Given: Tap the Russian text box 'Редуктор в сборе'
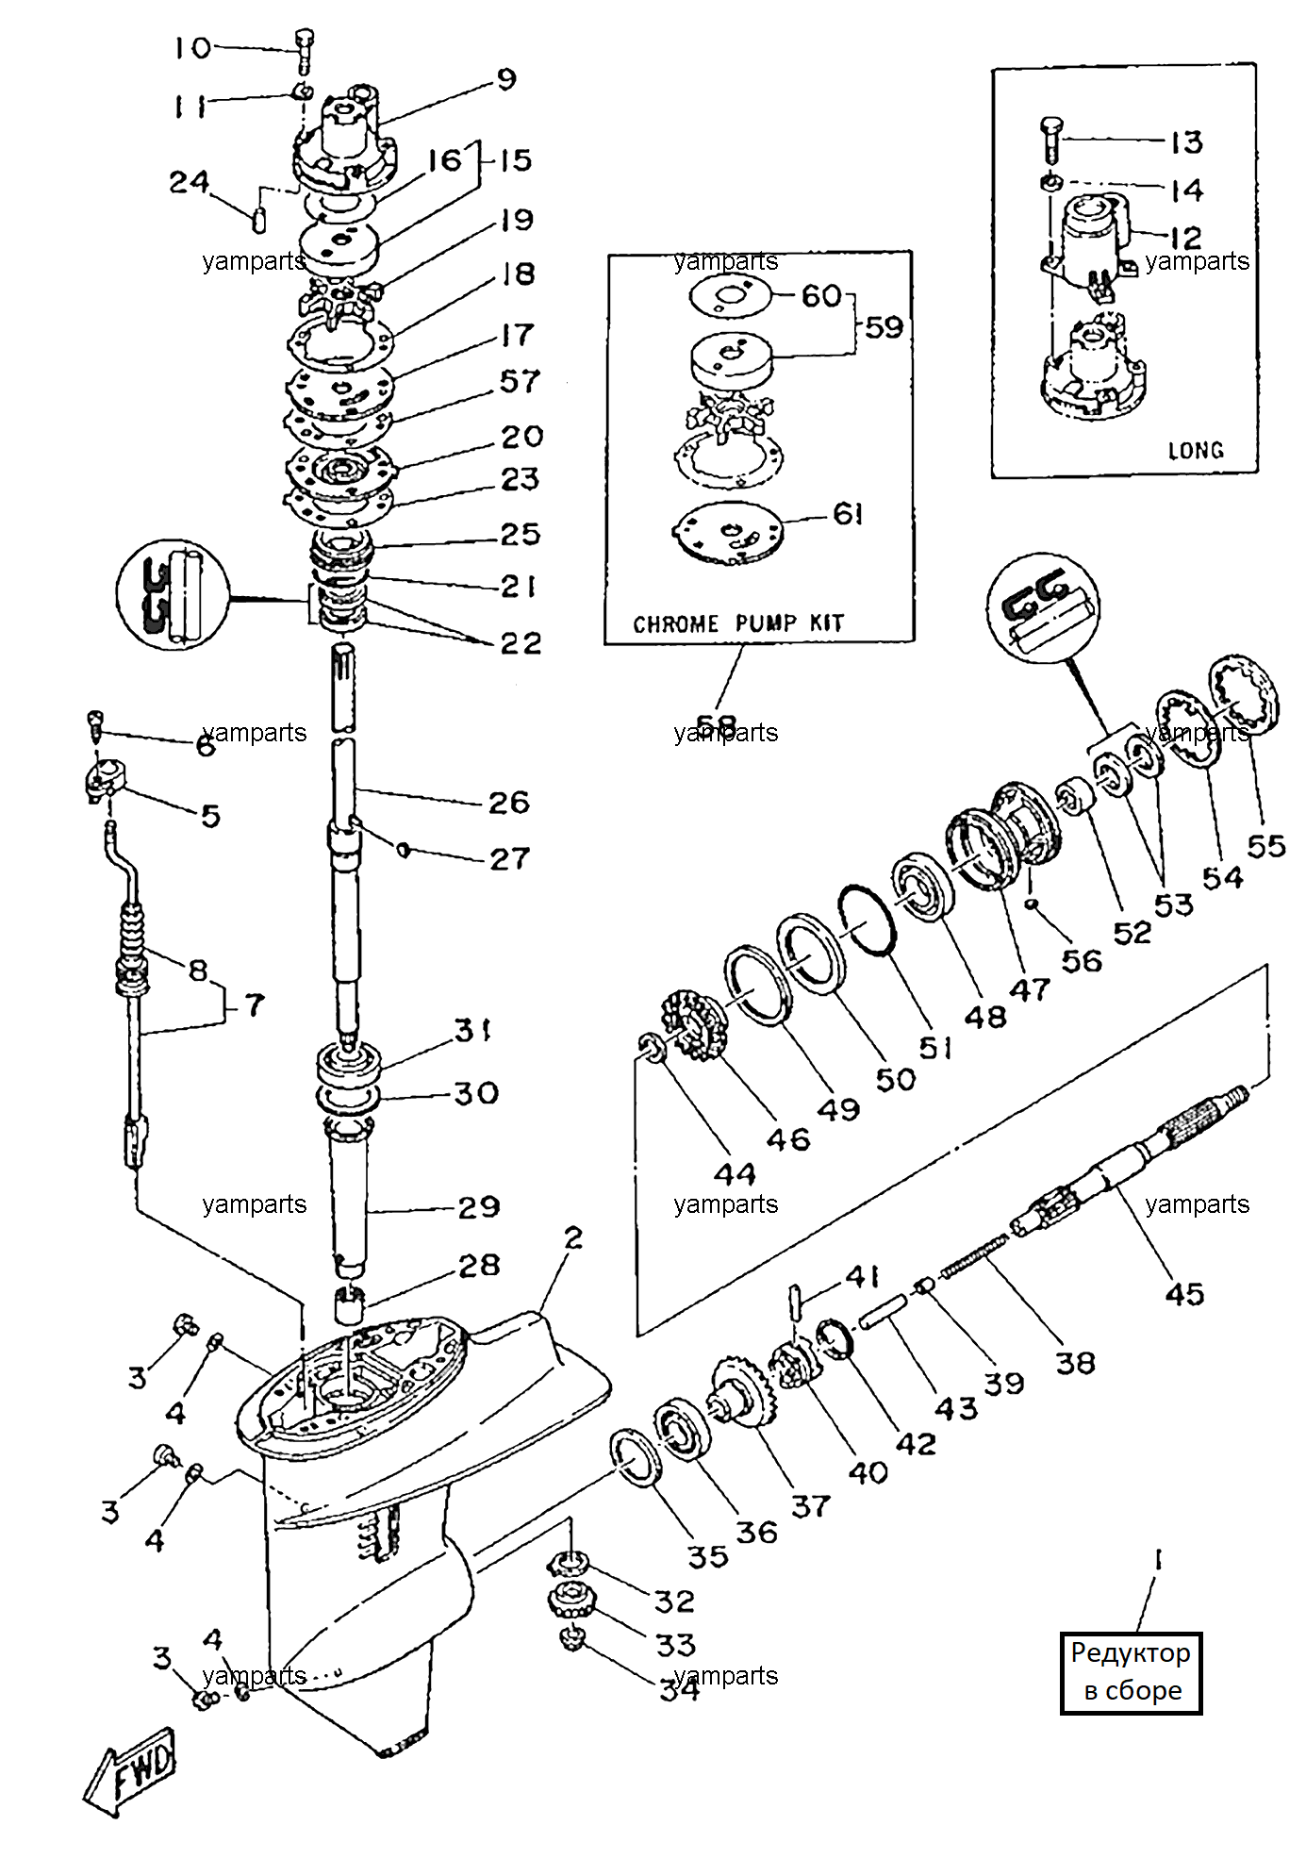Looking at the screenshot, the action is [x=1131, y=1671].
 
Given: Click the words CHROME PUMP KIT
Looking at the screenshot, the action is [x=738, y=623].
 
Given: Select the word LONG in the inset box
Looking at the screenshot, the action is [x=1196, y=450].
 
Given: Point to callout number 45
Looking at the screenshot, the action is [x=1184, y=1294].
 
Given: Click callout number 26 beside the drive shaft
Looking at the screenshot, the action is [x=509, y=803].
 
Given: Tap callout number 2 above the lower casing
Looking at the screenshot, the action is [x=574, y=1237].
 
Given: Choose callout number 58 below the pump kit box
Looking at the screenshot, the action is [x=716, y=725].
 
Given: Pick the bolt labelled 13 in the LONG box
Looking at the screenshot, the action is [x=1050, y=138].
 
